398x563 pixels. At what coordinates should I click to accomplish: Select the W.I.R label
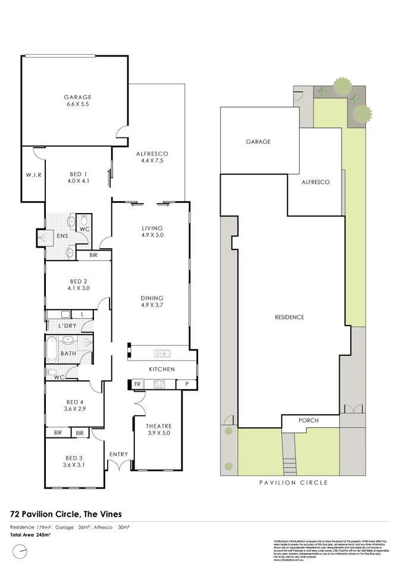pyautogui.click(x=33, y=175)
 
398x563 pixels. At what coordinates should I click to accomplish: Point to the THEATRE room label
pyautogui.click(x=158, y=430)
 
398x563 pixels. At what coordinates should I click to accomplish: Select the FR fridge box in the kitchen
pyautogui.click(x=137, y=384)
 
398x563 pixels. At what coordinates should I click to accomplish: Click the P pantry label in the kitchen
pyautogui.click(x=186, y=384)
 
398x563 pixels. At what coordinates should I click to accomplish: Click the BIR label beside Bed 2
pyautogui.click(x=93, y=255)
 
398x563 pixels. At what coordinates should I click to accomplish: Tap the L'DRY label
pyautogui.click(x=67, y=326)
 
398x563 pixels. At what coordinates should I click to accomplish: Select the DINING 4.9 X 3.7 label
pyautogui.click(x=152, y=302)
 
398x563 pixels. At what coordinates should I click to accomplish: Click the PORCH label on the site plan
pyautogui.click(x=309, y=421)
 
